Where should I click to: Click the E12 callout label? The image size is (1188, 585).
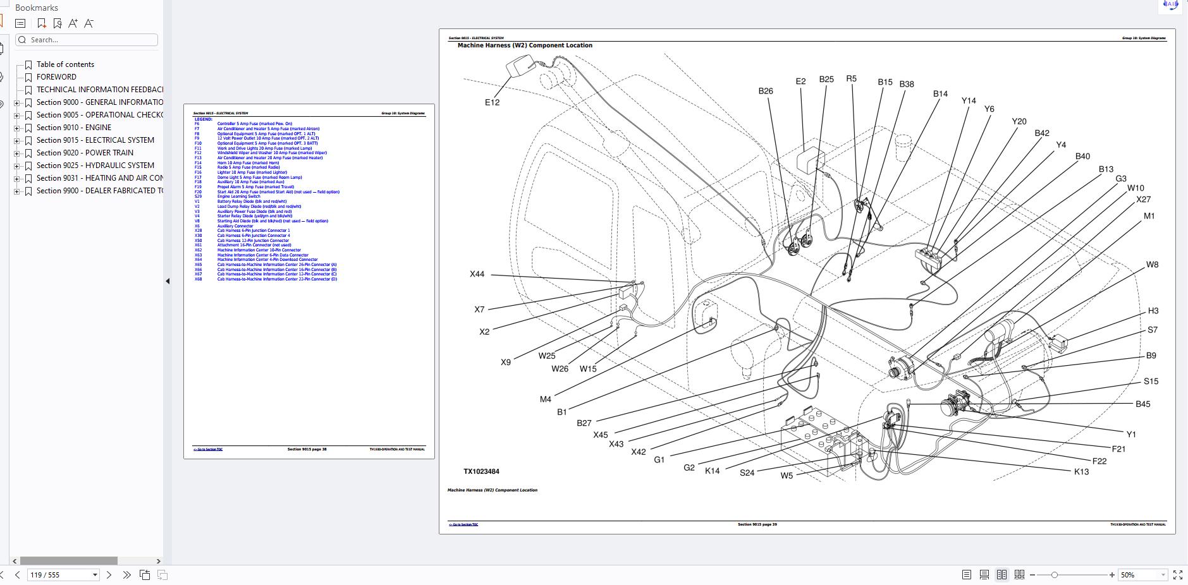point(492,102)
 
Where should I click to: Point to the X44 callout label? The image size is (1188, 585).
point(477,274)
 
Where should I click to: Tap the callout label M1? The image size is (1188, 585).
point(1149,216)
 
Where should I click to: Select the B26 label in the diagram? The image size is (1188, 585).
point(765,91)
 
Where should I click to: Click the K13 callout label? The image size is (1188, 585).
point(1081,472)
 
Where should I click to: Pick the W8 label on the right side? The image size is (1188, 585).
point(1152,265)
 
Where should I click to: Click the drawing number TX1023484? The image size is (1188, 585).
point(481,471)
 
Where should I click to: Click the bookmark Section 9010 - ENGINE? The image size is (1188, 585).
point(73,128)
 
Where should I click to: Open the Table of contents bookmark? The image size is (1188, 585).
point(65,64)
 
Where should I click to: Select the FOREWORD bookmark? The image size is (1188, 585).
point(56,77)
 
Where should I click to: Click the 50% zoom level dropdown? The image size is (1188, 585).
point(1142,575)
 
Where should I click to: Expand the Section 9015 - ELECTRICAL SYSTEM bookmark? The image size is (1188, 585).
point(17,140)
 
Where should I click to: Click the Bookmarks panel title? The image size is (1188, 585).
point(37,8)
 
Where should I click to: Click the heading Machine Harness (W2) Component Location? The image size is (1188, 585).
point(525,45)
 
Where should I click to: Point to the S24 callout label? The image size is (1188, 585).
point(747,473)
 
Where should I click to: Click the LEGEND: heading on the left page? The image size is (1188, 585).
point(203,119)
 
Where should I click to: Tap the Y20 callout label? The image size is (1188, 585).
point(1019,121)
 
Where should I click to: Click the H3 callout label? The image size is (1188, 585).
point(1153,311)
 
